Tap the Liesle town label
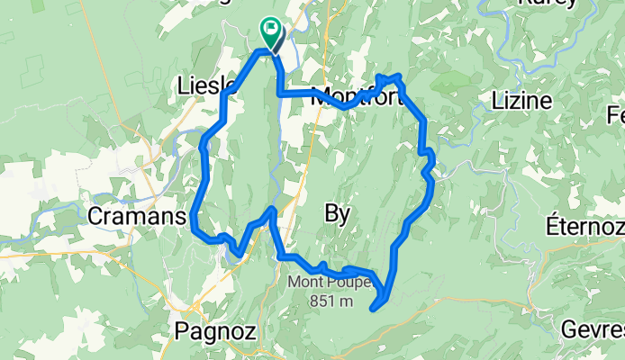(x=207, y=86)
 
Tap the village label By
(x=336, y=213)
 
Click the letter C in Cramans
(x=97, y=216)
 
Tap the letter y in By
(x=343, y=215)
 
